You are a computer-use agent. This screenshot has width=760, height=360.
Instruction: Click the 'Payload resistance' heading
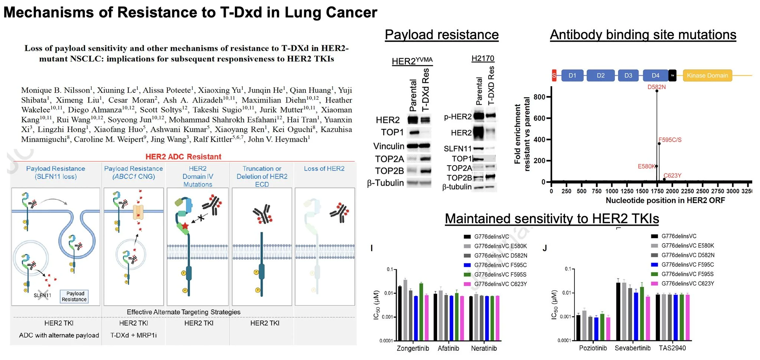[x=442, y=35]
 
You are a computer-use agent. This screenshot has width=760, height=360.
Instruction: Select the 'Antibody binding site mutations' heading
[x=643, y=35]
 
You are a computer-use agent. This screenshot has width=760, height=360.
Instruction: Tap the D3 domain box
[x=628, y=75]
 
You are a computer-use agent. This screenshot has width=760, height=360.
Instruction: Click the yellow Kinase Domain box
[x=707, y=75]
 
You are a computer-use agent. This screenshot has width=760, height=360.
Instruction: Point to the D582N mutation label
[x=656, y=87]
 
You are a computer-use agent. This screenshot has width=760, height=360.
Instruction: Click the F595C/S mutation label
[x=670, y=140]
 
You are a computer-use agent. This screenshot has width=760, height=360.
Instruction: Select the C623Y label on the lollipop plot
[x=672, y=176]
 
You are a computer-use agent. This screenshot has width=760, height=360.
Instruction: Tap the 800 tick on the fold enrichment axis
[x=539, y=97]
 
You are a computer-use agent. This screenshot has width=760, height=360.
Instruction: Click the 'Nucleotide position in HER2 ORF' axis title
[x=665, y=200]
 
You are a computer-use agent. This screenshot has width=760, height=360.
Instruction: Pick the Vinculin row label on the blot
[x=389, y=146]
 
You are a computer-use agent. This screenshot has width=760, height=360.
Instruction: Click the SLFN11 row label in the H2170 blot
[x=458, y=149]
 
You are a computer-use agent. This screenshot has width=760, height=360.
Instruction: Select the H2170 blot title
[x=483, y=58]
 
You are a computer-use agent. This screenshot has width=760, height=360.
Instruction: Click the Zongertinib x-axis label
[x=413, y=348]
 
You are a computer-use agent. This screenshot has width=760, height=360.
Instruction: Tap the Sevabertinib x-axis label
[x=632, y=348]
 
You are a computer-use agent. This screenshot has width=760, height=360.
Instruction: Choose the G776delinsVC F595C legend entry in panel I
[x=500, y=265]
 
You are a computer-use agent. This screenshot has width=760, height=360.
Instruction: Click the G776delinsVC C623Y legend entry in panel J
[x=688, y=284]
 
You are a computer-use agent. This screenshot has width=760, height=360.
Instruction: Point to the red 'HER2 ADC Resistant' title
[x=183, y=157]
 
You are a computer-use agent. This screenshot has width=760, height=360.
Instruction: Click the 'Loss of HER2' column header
[x=324, y=168]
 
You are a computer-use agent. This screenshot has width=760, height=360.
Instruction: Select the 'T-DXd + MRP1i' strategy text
[x=134, y=335]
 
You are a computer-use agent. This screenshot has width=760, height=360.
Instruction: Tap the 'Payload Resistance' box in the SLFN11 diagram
[x=74, y=296]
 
